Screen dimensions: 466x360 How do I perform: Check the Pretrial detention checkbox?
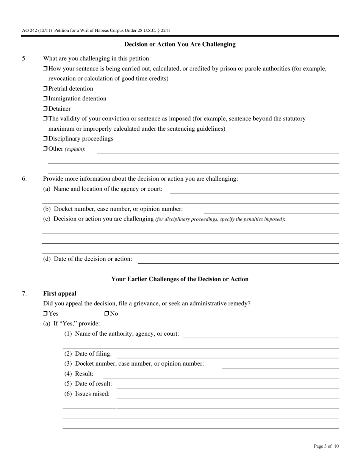point(45,89)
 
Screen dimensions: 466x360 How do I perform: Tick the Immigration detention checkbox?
point(45,99)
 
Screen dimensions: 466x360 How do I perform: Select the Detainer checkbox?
point(45,109)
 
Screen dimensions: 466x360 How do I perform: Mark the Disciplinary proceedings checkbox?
point(45,139)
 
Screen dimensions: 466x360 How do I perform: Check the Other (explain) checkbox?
point(45,149)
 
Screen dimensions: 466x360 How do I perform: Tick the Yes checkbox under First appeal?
point(45,314)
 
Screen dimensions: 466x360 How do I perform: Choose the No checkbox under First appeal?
point(106,314)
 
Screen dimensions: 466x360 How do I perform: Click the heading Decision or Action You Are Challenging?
point(180,44)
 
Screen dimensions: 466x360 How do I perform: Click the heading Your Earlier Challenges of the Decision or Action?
point(180,279)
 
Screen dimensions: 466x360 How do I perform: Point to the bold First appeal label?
point(59,294)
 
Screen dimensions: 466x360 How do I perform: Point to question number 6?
point(24,179)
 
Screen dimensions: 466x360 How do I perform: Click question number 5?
point(24,58)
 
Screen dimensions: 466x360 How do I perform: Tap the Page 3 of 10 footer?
point(326,446)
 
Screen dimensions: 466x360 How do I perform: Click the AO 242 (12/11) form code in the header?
point(37,30)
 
